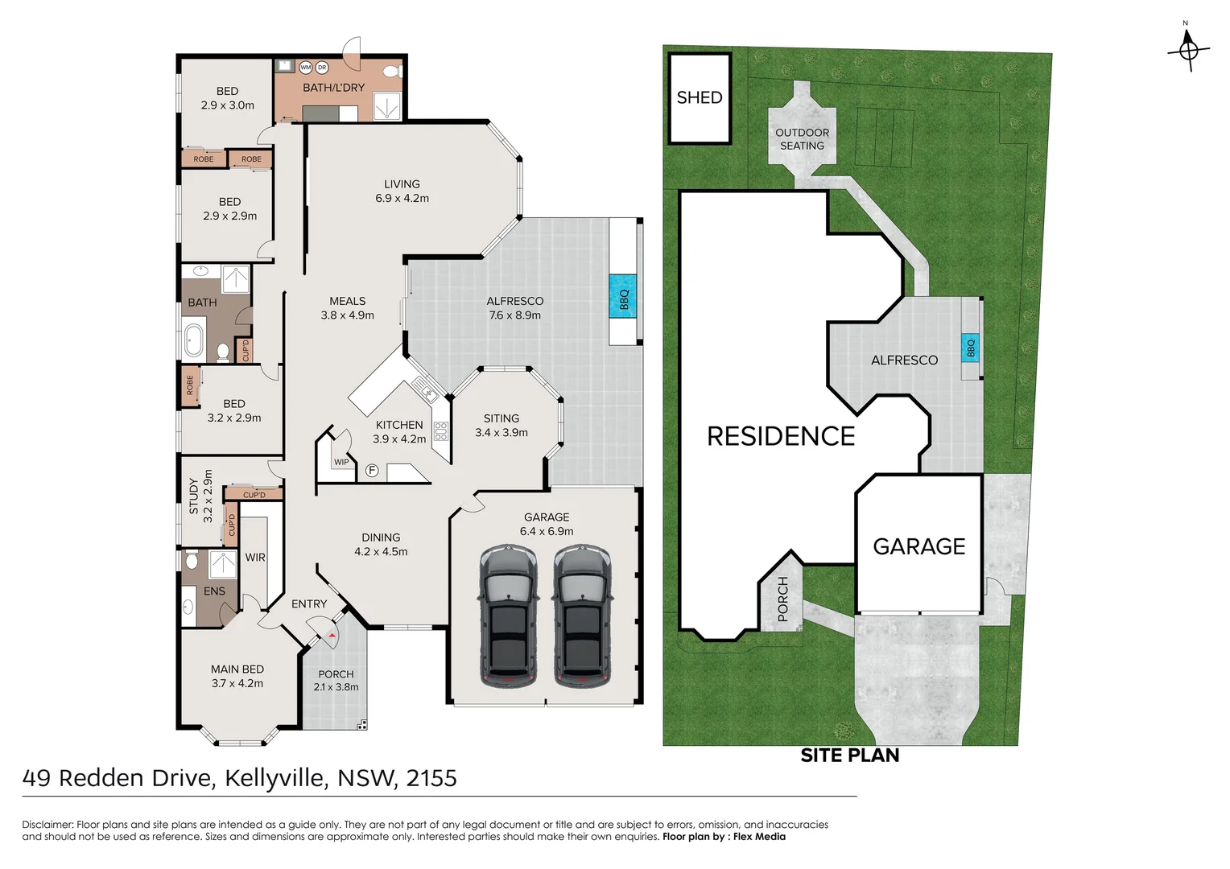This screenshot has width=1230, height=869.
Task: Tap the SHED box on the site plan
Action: pyautogui.click(x=700, y=98)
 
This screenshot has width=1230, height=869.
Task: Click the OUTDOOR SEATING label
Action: pyautogui.click(x=802, y=139)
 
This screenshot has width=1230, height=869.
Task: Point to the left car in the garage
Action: pyautogui.click(x=509, y=616)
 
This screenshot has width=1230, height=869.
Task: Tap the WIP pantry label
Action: pyautogui.click(x=341, y=462)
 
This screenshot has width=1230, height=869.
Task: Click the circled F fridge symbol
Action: pyautogui.click(x=372, y=471)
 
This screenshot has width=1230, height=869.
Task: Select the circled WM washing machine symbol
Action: pyautogui.click(x=306, y=68)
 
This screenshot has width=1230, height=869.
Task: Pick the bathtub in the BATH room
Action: pyautogui.click(x=194, y=340)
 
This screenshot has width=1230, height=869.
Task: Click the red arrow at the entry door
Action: pyautogui.click(x=331, y=636)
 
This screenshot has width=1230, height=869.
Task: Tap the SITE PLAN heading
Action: pyautogui.click(x=850, y=756)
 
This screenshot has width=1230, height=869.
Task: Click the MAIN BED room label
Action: pyautogui.click(x=237, y=669)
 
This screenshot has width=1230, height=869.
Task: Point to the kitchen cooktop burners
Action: pyautogui.click(x=440, y=431)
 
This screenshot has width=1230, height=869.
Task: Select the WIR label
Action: pyautogui.click(x=255, y=557)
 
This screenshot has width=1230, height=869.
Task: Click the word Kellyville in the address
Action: pyautogui.click(x=275, y=778)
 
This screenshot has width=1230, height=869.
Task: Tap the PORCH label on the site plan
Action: pyautogui.click(x=782, y=599)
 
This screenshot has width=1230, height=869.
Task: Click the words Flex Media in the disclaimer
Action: pyautogui.click(x=759, y=837)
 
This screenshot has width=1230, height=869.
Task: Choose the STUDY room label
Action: pyautogui.click(x=193, y=496)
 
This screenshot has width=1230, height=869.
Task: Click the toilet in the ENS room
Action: pyautogui.click(x=192, y=559)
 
